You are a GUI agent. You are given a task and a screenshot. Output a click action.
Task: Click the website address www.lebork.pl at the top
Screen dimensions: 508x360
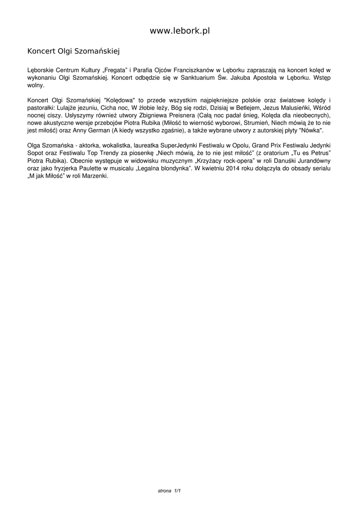180,31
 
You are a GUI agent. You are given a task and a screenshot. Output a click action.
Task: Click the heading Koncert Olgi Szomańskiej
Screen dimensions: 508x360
73,51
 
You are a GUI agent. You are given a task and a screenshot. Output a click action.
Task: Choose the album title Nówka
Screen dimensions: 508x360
311,129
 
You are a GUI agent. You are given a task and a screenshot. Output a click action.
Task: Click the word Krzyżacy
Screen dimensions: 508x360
210,161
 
